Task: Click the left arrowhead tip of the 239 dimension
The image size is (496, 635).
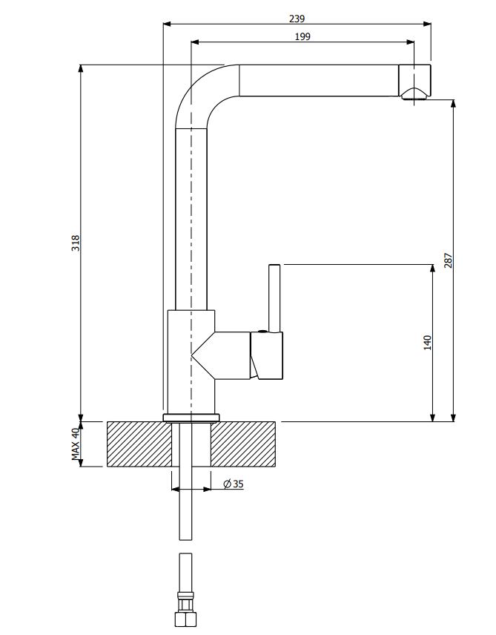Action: pyautogui.click(x=163, y=24)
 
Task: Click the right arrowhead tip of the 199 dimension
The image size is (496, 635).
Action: pyautogui.click(x=414, y=42)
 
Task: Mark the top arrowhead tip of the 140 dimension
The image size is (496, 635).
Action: pyautogui.click(x=432, y=265)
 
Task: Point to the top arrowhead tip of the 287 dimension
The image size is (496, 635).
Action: pyautogui.click(x=453, y=99)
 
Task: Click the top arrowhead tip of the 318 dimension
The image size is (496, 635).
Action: pyautogui.click(x=81, y=65)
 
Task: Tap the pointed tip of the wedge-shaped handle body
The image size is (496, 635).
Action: pyautogui.click(x=191, y=355)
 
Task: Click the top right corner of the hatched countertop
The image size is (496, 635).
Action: pyautogui.click(x=276, y=422)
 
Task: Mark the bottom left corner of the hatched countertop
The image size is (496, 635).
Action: pyautogui.click(x=108, y=467)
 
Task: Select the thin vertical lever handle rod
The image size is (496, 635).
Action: pyautogui.click(x=274, y=298)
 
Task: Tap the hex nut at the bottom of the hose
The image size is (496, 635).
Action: pyautogui.click(x=185, y=619)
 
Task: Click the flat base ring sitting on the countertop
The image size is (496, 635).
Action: pyautogui.click(x=191, y=418)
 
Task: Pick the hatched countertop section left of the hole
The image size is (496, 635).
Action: pyautogui.click(x=139, y=444)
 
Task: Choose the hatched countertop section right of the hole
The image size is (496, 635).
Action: pyautogui.click(x=243, y=444)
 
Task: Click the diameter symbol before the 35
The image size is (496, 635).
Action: pyautogui.click(x=227, y=484)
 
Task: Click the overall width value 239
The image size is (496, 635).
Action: pyautogui.click(x=297, y=19)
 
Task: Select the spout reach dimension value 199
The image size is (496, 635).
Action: pyautogui.click(x=302, y=37)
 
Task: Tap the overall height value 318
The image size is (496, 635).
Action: pyautogui.click(x=76, y=243)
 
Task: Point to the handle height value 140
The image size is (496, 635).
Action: pyautogui.click(x=427, y=343)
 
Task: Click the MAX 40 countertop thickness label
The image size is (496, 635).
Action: pyautogui.click(x=76, y=444)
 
